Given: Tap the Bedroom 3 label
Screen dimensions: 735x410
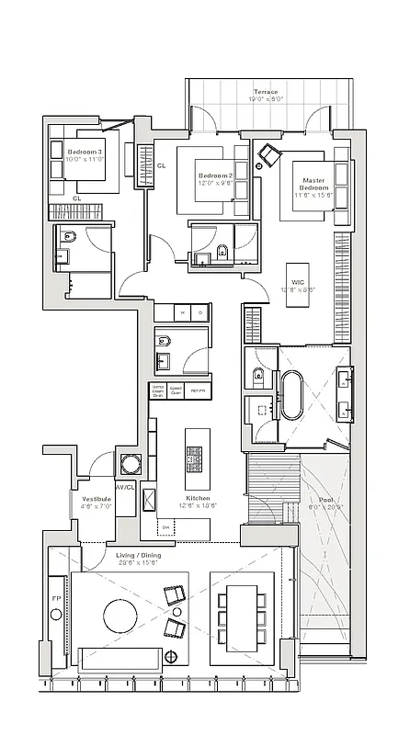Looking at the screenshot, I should tap(85, 153).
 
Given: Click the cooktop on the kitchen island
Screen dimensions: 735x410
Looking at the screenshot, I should tap(196, 457).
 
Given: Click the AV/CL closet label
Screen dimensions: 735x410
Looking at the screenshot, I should tap(125, 487).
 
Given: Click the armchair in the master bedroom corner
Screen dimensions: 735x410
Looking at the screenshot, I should tap(269, 155).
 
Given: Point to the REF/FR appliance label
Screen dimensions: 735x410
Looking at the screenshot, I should tap(197, 390).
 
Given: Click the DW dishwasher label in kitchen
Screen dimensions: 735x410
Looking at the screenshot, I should tap(166, 528).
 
